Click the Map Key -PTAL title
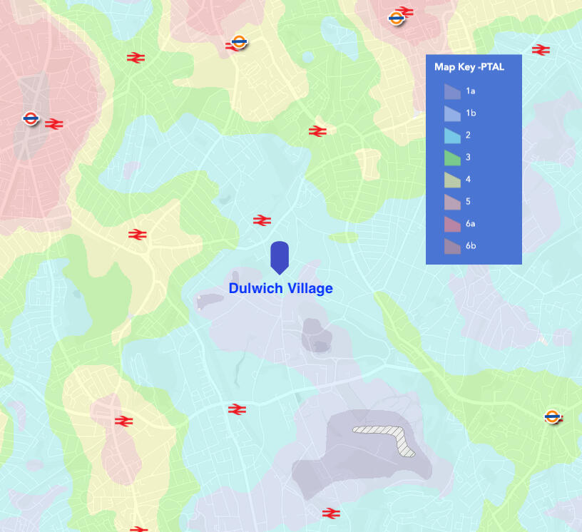[x=469, y=67]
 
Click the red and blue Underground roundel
[x=30, y=118]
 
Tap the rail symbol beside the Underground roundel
[x=54, y=123]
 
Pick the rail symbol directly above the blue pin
[x=262, y=220]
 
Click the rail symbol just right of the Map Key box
[x=541, y=49]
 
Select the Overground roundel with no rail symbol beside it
[x=552, y=416]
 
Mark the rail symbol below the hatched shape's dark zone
[x=330, y=513]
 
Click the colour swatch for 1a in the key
[x=452, y=91]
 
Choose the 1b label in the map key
[x=471, y=113]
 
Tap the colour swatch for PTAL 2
[x=452, y=135]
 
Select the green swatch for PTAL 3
[x=452, y=158]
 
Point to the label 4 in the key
[x=468, y=180]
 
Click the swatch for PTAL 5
[x=452, y=202]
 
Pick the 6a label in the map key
[x=471, y=224]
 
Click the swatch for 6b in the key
[x=452, y=246]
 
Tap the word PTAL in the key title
[x=492, y=67]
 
